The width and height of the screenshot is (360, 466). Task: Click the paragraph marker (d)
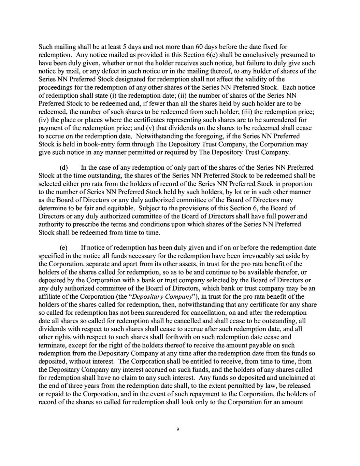(x=64, y=168)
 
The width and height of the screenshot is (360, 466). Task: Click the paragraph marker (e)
(x=64, y=248)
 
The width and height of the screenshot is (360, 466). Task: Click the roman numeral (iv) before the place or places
(x=43, y=120)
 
